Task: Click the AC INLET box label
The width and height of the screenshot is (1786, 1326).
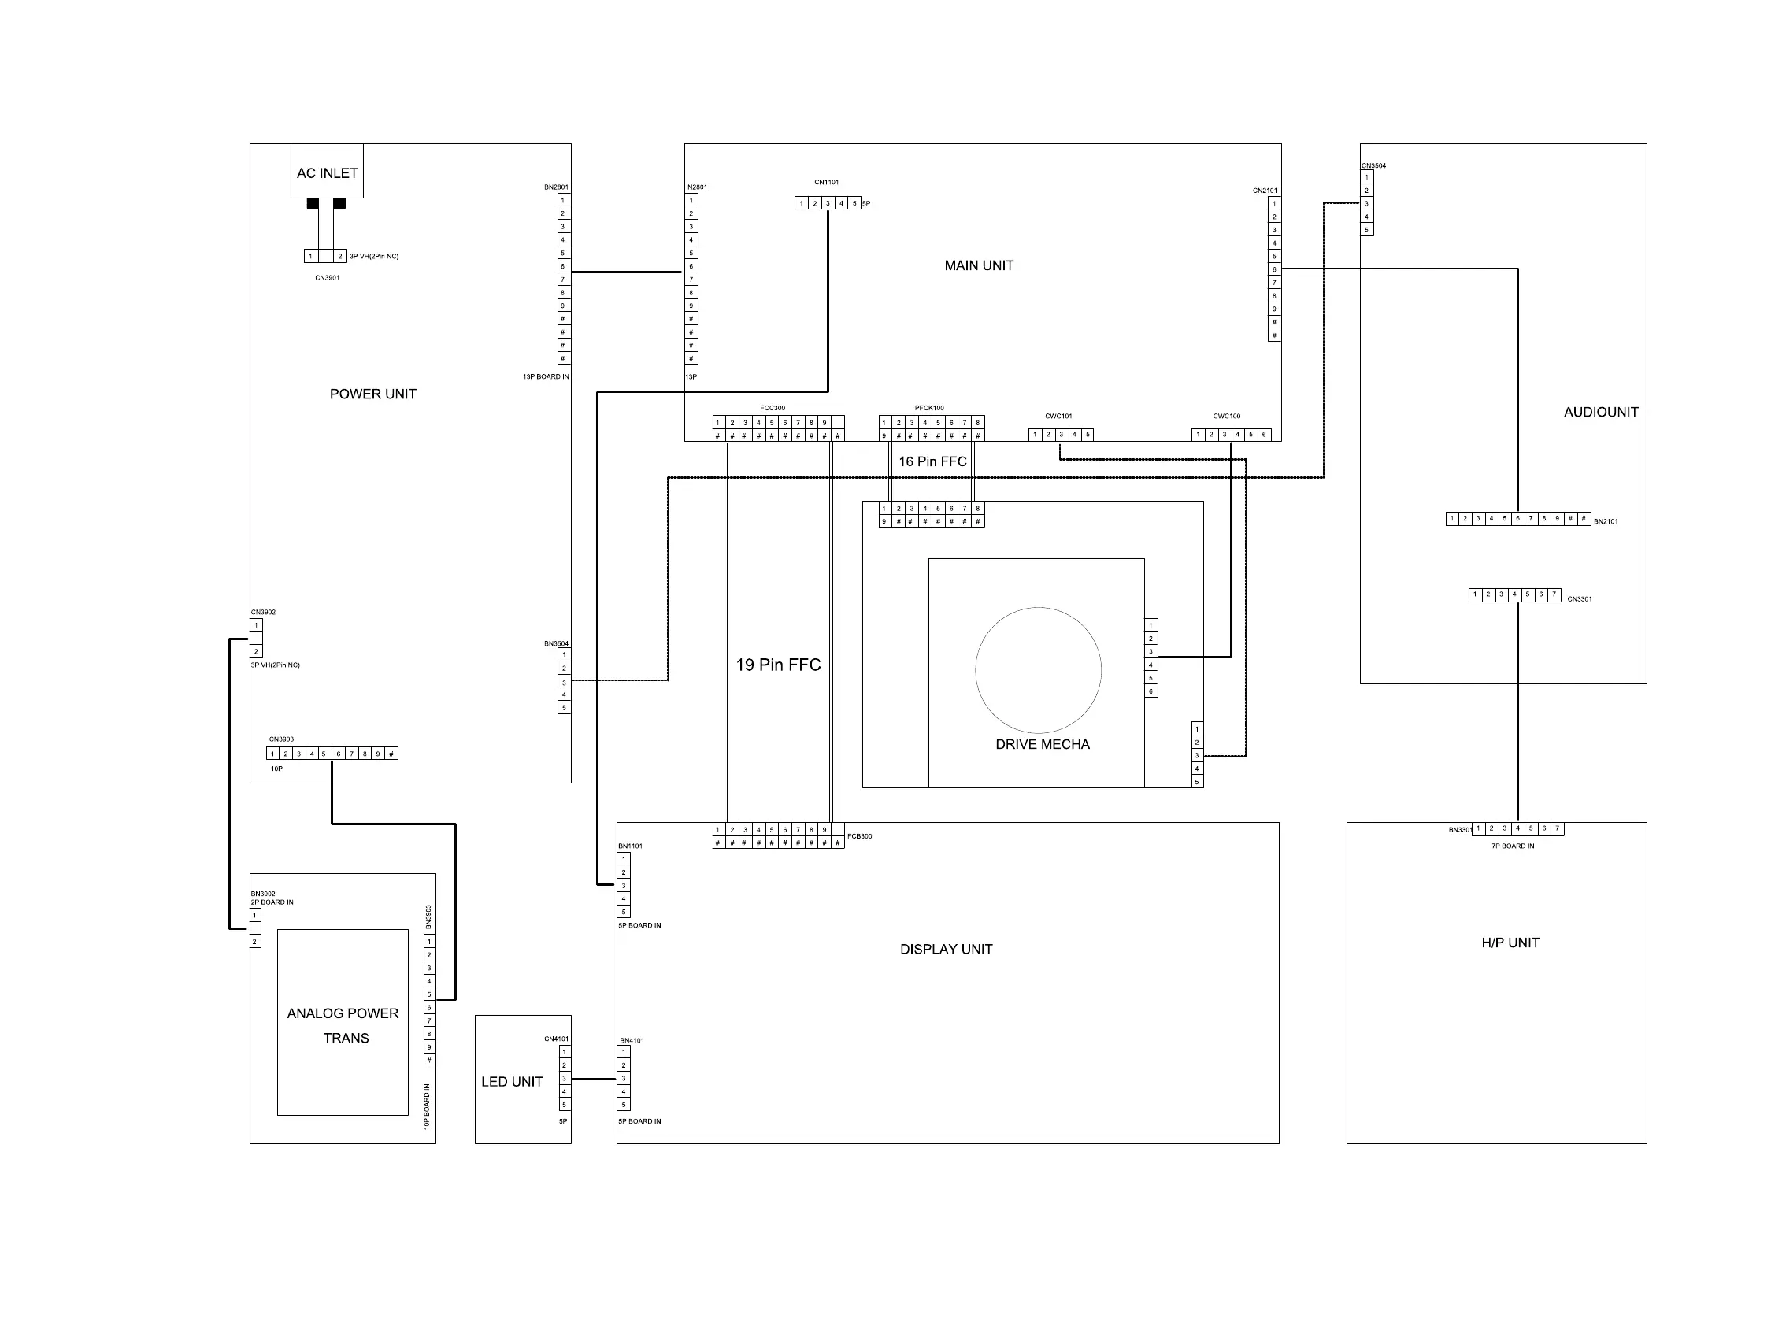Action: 327,172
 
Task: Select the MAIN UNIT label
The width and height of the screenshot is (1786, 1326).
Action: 979,265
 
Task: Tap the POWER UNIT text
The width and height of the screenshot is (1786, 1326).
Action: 372,394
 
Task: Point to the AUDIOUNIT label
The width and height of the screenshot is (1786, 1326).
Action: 1600,412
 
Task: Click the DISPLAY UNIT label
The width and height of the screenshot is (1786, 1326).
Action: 946,949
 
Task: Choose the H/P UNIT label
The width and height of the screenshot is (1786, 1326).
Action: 1509,943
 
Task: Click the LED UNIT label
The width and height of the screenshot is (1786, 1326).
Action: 511,1081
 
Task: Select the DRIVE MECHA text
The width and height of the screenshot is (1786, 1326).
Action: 1042,744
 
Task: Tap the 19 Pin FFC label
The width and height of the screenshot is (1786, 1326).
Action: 778,665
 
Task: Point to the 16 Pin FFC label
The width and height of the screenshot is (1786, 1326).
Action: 932,461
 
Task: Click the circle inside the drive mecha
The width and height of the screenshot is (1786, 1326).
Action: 1038,669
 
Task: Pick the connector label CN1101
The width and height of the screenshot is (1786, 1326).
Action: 826,182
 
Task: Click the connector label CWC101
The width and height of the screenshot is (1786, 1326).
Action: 1058,416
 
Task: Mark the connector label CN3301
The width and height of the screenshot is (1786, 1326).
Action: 1579,598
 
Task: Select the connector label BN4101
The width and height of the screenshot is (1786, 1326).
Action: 632,1040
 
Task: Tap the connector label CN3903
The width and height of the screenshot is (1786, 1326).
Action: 281,739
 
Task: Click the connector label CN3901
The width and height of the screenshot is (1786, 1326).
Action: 327,278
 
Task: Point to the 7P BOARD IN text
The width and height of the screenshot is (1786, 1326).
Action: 1512,846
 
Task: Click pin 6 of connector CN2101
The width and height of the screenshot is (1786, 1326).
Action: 1274,270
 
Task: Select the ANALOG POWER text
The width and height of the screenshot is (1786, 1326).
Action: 343,1013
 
